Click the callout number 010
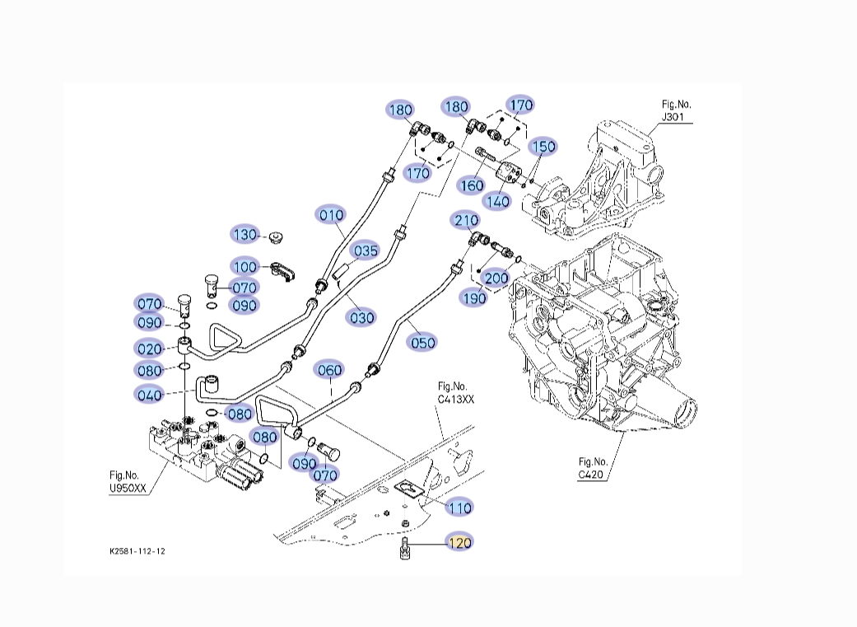click(331, 215)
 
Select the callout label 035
click(366, 250)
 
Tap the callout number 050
click(422, 342)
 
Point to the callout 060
click(329, 370)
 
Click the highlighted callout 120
click(460, 542)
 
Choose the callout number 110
click(459, 508)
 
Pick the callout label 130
click(245, 235)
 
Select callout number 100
click(245, 267)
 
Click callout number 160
click(471, 185)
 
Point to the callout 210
click(466, 220)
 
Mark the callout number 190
click(473, 297)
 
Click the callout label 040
click(150, 395)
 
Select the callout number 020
click(150, 349)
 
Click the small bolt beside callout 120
click(404, 548)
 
